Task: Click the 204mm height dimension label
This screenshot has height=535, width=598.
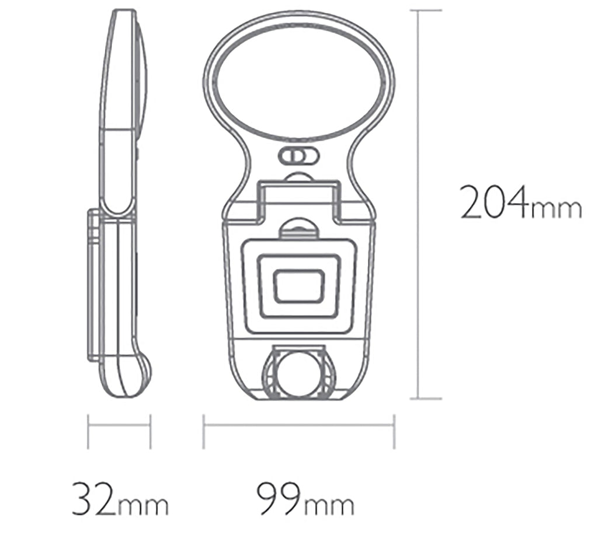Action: click(521, 201)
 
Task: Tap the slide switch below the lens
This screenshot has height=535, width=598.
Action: click(298, 157)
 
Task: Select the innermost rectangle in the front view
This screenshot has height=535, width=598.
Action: click(299, 286)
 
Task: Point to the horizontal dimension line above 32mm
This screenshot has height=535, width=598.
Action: click(119, 425)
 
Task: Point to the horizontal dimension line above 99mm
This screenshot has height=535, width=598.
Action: click(299, 425)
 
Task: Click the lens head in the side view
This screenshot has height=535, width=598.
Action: click(124, 70)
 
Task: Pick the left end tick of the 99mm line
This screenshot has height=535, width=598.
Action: click(204, 432)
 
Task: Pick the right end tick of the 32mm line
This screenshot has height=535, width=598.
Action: click(151, 432)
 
